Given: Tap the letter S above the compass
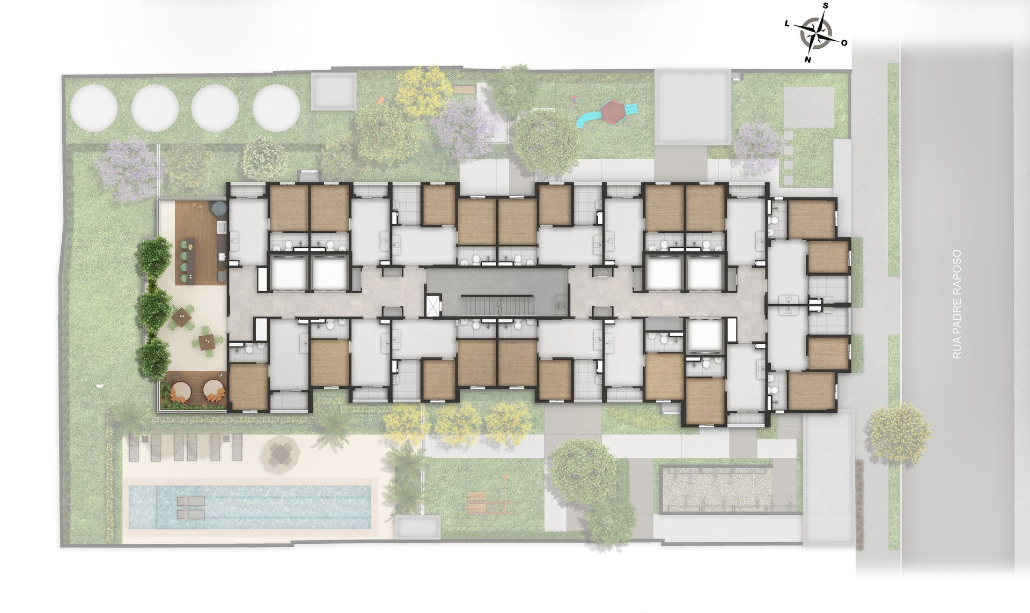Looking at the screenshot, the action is (825, 6).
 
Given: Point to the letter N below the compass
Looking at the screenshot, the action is (807, 60).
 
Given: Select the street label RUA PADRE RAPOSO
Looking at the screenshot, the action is (955, 304).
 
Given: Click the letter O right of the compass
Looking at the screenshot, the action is (844, 43).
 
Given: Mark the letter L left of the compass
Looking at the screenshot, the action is (787, 24).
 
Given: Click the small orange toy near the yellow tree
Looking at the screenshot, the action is (381, 100).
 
